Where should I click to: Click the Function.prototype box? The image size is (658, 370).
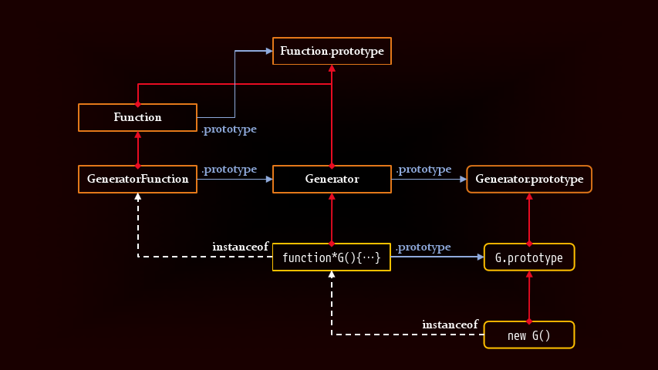point(332,51)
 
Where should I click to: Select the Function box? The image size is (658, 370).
point(137,117)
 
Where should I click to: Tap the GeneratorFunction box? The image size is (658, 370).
point(137,179)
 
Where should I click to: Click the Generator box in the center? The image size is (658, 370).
point(332,179)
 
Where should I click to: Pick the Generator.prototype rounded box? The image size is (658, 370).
point(529,179)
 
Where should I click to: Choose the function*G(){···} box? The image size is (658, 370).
point(332,257)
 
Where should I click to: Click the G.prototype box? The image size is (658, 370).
point(529,257)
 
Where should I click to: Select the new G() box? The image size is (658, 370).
point(529,335)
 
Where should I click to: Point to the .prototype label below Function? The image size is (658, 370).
point(229,129)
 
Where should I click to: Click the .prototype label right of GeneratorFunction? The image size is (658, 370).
point(229,169)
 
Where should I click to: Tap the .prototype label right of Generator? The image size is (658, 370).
point(423,169)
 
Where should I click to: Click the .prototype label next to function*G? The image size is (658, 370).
point(423,247)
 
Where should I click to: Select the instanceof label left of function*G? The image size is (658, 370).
point(241,247)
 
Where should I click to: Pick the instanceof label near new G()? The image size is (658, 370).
point(450,325)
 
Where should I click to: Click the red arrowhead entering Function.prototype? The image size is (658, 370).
point(332,69)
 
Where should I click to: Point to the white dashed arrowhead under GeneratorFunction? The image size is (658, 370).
point(137,197)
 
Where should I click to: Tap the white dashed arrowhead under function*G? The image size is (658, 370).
point(332,276)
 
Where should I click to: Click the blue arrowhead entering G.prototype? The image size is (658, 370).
point(479,257)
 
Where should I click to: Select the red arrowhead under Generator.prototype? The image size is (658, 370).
point(529,197)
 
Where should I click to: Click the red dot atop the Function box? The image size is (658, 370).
point(137,103)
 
